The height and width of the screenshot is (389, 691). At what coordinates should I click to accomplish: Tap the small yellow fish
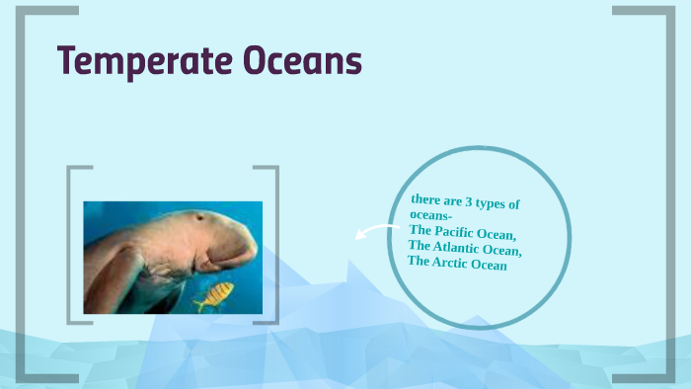pyautogui.click(x=214, y=295)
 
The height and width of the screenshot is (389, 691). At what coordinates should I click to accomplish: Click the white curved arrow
pyautogui.click(x=371, y=231)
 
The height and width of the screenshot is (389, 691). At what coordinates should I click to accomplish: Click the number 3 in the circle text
pyautogui.click(x=468, y=201)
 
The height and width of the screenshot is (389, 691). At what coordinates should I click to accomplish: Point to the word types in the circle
pyautogui.click(x=490, y=203)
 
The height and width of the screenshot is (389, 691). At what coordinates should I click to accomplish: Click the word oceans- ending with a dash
pyautogui.click(x=431, y=215)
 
